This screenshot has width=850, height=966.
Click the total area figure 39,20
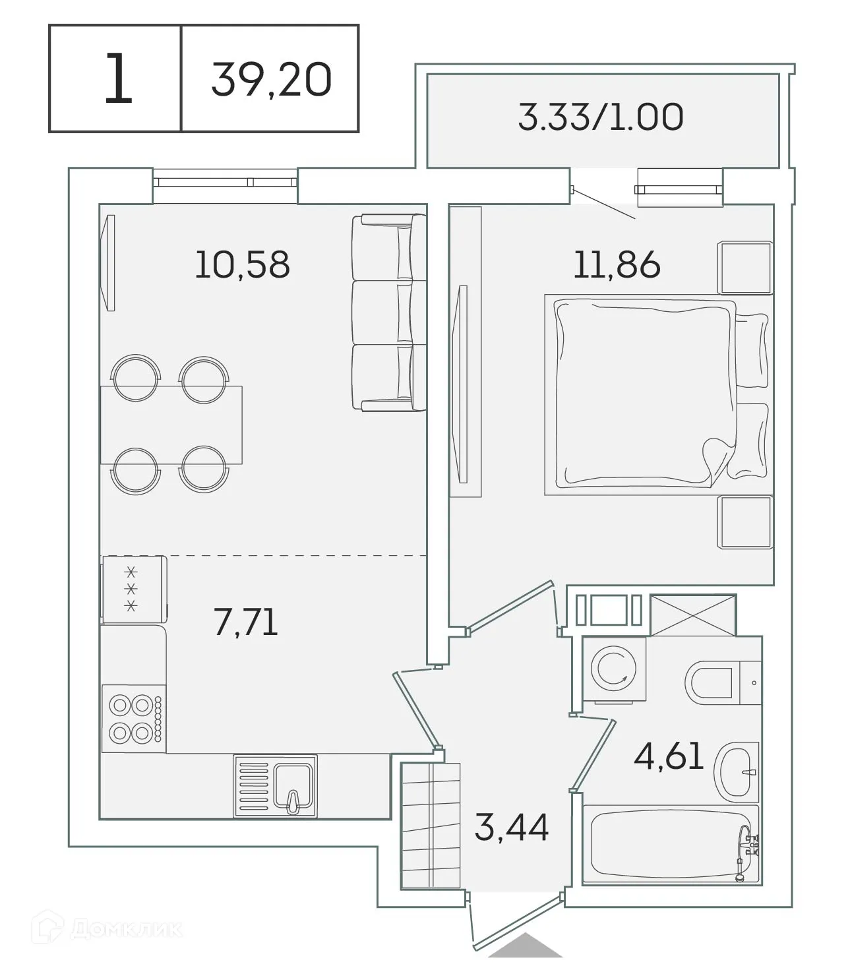tap(271, 80)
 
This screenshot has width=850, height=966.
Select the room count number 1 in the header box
tap(118, 80)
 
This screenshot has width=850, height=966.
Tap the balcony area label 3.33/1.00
tap(600, 117)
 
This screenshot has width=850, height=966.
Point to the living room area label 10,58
tap(242, 264)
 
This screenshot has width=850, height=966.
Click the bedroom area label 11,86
tap(617, 264)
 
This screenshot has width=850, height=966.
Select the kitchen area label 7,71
tap(245, 622)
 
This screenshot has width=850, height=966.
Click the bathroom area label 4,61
tap(669, 756)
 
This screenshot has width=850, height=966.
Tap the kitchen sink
tap(275, 786)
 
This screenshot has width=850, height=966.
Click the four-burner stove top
tap(133, 719)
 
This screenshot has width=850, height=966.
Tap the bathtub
tap(671, 844)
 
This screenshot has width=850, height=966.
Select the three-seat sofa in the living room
tap(388, 313)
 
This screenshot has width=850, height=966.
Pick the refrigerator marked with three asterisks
tap(133, 589)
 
